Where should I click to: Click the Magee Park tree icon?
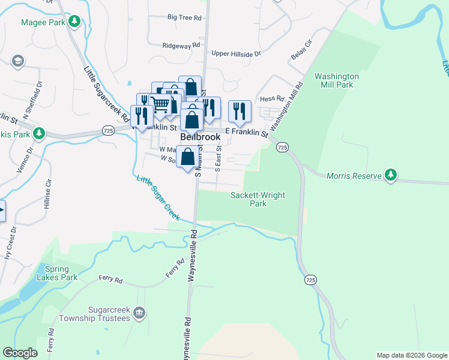point(74,22)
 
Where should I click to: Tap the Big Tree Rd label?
point(184,18)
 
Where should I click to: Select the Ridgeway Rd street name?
point(181,46)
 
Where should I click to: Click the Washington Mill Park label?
point(337,80)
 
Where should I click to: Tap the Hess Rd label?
point(271,99)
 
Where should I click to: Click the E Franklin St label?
point(246,131)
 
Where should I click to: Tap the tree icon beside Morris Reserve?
point(391,174)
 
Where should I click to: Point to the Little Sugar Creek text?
point(158,198)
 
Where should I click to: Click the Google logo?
point(20,353)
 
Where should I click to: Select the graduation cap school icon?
point(17,61)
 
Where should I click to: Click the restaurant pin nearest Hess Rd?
point(240,110)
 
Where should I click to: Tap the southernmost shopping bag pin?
point(188,158)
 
